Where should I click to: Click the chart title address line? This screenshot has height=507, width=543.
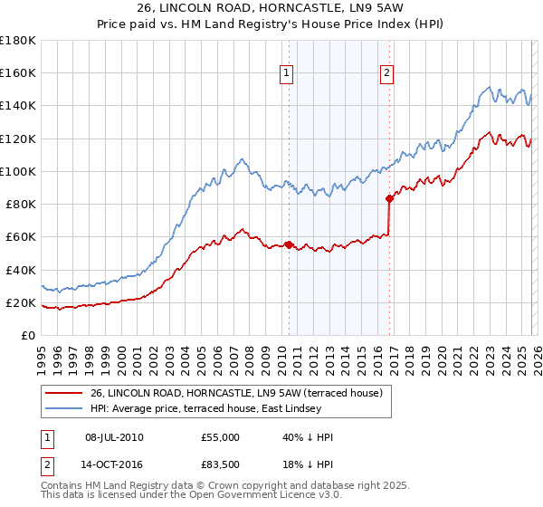271,8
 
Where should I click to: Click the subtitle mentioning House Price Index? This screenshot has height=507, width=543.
271,24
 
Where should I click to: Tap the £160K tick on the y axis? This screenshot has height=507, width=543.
18,73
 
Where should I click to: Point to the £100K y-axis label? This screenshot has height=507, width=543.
18,171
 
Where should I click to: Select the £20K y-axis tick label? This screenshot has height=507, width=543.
21,302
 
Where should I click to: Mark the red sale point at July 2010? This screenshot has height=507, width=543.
289,244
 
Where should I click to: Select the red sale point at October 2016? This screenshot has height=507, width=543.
389,198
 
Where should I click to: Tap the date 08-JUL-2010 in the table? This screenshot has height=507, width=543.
114,437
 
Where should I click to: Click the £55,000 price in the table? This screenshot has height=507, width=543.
221,437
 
